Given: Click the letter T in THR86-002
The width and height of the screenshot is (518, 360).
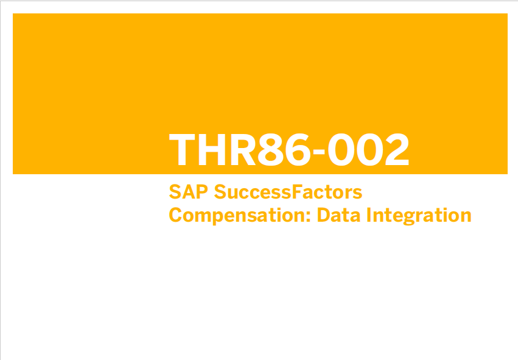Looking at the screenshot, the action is (x=182, y=149).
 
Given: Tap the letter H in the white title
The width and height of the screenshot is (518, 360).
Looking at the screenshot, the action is (x=212, y=149).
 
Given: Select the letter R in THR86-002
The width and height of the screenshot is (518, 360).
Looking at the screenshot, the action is (x=243, y=149).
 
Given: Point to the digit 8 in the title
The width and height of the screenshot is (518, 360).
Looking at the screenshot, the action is (x=270, y=149).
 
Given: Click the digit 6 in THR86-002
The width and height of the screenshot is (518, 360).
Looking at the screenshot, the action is (x=298, y=149).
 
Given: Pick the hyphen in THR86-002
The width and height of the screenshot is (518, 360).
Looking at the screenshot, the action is (x=319, y=152).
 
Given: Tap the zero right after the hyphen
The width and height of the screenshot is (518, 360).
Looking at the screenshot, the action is (x=340, y=149).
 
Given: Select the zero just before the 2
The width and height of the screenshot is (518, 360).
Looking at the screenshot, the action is (x=369, y=149).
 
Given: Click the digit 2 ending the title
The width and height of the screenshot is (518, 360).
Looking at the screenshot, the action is (x=397, y=149).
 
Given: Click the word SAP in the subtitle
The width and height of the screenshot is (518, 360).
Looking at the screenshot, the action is (x=188, y=192).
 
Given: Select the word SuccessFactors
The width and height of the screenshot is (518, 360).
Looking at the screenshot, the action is (x=288, y=192).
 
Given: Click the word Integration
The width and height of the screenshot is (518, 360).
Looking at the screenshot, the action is (x=419, y=216).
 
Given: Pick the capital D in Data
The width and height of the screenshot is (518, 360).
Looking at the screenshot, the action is (x=323, y=215).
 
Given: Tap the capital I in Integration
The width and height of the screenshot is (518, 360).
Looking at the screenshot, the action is (x=369, y=215).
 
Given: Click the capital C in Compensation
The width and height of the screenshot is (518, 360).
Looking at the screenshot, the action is (x=175, y=215).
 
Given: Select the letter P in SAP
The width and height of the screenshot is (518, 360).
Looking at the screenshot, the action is (x=202, y=192).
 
